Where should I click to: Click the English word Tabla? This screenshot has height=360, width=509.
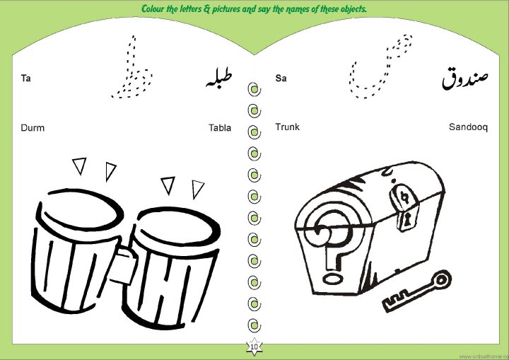pyautogui.click(x=220, y=128)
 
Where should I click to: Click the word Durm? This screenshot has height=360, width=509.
pyautogui.click(x=33, y=128)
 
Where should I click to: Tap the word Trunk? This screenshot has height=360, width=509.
pyautogui.click(x=287, y=127)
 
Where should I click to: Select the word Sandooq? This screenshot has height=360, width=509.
pyautogui.click(x=468, y=127)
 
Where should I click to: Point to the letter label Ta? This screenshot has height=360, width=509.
pyautogui.click(x=25, y=79)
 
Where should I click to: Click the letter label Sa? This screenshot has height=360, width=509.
pyautogui.click(x=281, y=78)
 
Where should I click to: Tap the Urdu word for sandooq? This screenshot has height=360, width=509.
pyautogui.click(x=465, y=79)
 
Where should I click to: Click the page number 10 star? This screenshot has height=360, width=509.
pyautogui.click(x=255, y=347)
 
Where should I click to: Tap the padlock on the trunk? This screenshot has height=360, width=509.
pyautogui.click(x=404, y=207)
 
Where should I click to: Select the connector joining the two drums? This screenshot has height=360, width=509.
pyautogui.click(x=124, y=264)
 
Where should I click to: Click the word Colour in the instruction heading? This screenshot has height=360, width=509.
pyautogui.click(x=153, y=8)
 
